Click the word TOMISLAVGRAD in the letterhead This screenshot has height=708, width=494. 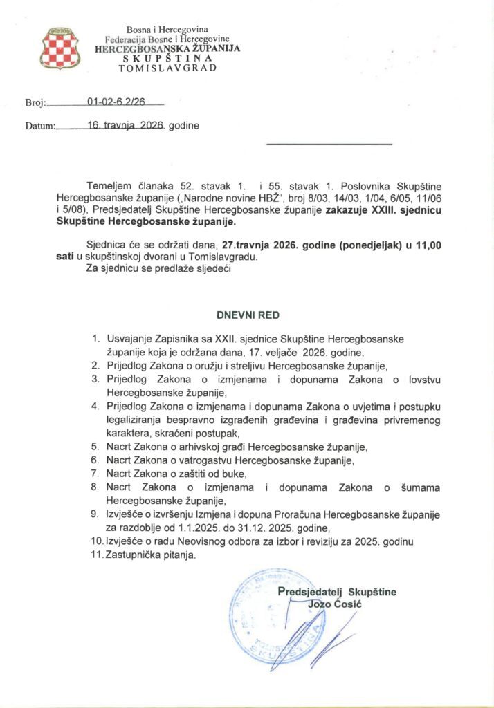tap(168, 68)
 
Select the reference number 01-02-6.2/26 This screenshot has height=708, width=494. tap(116, 102)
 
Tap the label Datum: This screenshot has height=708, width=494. tap(39, 127)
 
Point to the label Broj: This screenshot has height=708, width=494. tap(35, 102)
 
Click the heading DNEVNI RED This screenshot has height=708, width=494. tap(248, 315)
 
